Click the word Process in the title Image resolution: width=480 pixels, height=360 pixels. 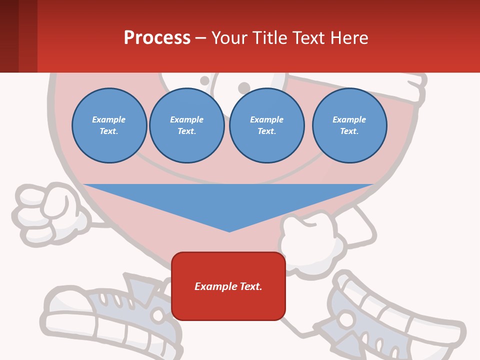(157, 38)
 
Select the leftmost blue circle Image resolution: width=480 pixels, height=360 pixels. (109, 125)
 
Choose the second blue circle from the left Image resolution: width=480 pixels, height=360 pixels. (186, 125)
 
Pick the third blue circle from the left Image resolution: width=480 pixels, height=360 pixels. (266, 125)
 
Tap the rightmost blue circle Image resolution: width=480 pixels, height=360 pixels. (349, 125)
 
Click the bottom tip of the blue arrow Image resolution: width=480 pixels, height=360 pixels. (229, 231)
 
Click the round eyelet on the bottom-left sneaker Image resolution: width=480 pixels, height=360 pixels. (158, 316)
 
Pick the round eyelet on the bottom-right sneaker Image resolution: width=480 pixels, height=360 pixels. (346, 318)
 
